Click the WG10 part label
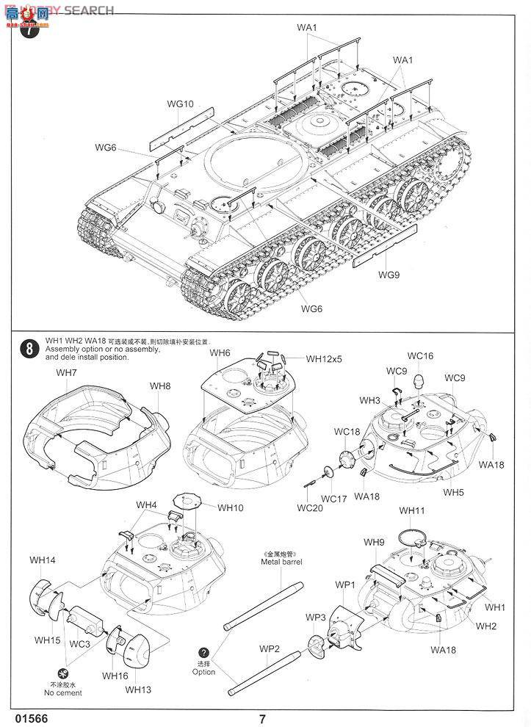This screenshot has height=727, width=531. pyautogui.click(x=179, y=104)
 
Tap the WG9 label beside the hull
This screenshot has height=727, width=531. pyautogui.click(x=389, y=275)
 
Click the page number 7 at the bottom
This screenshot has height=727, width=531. pyautogui.click(x=262, y=719)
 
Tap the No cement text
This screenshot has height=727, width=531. pyautogui.click(x=63, y=692)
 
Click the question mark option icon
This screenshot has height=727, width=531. pyautogui.click(x=203, y=652)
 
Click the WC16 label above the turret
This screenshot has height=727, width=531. pyautogui.click(x=420, y=356)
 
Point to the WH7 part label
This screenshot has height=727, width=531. pyautogui.click(x=66, y=373)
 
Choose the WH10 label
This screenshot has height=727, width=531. pyautogui.click(x=229, y=507)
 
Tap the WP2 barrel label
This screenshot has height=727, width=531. pyautogui.click(x=270, y=648)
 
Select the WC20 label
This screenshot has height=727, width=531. pyautogui.click(x=310, y=507)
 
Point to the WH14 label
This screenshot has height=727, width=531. pyautogui.click(x=42, y=560)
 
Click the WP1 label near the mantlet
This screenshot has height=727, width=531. pyautogui.click(x=345, y=585)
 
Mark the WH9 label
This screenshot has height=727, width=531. pyautogui.click(x=375, y=542)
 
